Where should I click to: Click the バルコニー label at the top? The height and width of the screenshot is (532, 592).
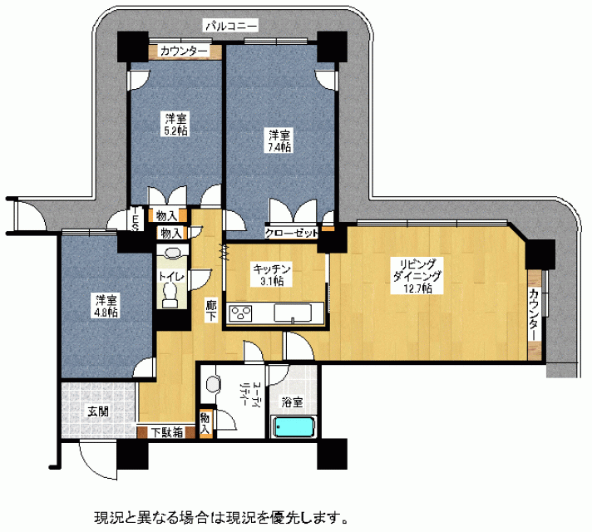(x=231, y=26)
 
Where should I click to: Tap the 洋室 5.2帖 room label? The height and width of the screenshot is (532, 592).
(x=176, y=124)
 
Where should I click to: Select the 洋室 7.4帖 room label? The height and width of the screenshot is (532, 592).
(x=279, y=140)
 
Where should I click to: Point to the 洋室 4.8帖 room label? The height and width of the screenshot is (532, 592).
(x=106, y=306)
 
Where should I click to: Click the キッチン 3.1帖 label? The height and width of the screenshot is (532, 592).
(x=273, y=275)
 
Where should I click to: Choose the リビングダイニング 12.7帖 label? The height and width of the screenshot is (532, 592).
(x=417, y=276)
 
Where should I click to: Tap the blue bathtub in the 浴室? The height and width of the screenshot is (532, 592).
(x=293, y=426)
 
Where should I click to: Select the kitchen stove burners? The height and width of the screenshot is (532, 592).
(x=240, y=313)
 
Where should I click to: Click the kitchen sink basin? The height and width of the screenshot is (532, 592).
(x=293, y=313)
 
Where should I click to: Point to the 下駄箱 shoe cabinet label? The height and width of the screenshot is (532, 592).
(x=167, y=432)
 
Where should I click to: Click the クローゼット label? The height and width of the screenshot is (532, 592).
(x=292, y=234)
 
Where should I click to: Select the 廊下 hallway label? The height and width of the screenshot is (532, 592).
(x=211, y=310)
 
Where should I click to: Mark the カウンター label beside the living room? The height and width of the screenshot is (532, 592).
(x=535, y=314)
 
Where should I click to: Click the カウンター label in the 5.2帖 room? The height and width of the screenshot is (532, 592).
(x=184, y=51)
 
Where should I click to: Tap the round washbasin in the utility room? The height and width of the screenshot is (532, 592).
(x=214, y=384)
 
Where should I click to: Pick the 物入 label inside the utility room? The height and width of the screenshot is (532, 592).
(x=205, y=424)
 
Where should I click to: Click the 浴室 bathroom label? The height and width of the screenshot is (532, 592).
(x=292, y=402)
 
